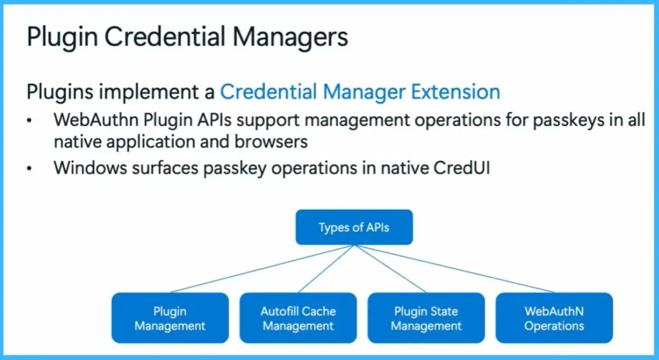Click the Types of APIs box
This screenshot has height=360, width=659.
tap(355, 227)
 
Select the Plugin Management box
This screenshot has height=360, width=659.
tap(170, 318)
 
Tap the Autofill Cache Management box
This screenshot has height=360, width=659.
tap(298, 318)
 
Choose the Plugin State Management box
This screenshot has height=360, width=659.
tap(426, 318)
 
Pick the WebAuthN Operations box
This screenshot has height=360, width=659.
tap(553, 318)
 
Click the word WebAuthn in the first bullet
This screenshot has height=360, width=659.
tap(89, 120)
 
